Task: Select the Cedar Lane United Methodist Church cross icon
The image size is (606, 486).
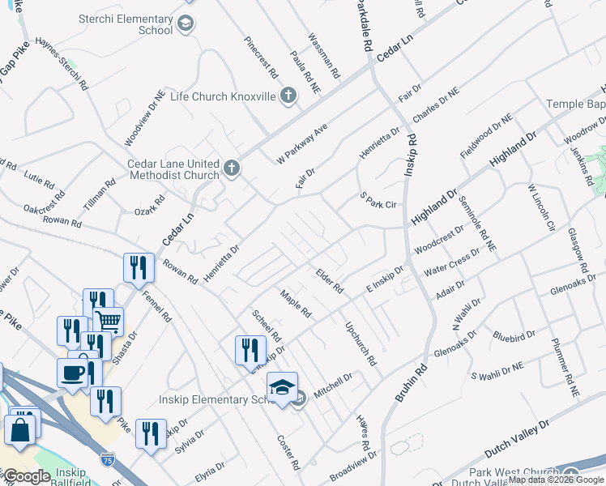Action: (231, 168)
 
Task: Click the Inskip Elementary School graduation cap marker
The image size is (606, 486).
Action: (283, 387)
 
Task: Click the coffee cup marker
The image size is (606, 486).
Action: (72, 373)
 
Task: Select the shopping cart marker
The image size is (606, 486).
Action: (109, 321)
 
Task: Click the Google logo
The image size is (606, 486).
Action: (27, 476)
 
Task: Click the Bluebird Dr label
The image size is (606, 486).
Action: (514, 335)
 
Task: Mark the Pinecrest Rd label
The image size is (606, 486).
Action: (261, 54)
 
